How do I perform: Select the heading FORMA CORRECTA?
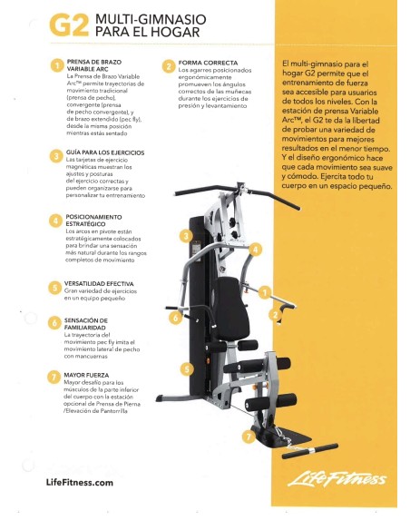tap(209, 63)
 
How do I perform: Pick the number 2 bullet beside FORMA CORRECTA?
tap(169, 66)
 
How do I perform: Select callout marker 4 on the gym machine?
tap(256, 249)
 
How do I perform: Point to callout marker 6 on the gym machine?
tap(175, 319)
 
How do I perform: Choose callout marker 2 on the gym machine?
tap(274, 314)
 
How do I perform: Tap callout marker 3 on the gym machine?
tap(185, 236)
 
